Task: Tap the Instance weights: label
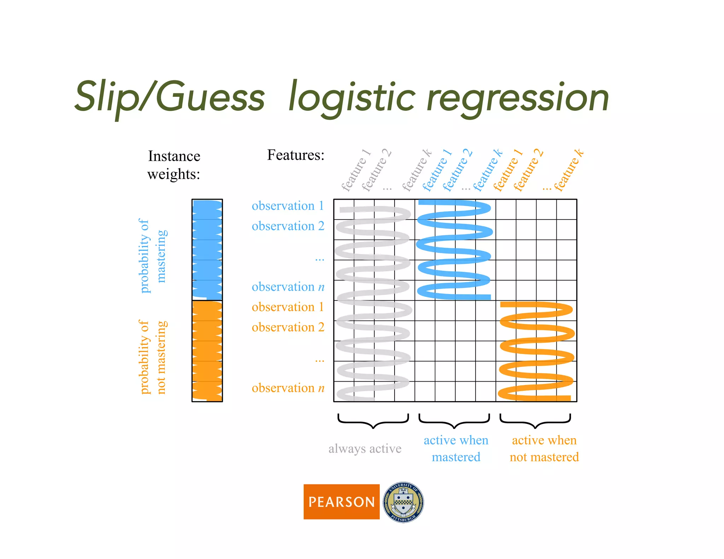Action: pyautogui.click(x=174, y=165)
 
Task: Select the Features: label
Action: pyautogui.click(x=296, y=155)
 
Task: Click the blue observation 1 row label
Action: pyautogui.click(x=288, y=206)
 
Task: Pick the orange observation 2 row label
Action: pyautogui.click(x=288, y=327)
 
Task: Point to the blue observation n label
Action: pyautogui.click(x=288, y=287)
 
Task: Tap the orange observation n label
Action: pyautogui.click(x=288, y=388)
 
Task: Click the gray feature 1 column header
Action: pyautogui.click(x=355, y=171)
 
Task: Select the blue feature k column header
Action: pyautogui.click(x=488, y=171)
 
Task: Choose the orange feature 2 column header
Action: pyautogui.click(x=528, y=171)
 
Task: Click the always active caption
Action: pyautogui.click(x=365, y=448)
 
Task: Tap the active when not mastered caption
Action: pyautogui.click(x=544, y=448)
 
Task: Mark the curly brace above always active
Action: pyautogui.click(x=373, y=420)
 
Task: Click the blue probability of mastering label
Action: pyautogui.click(x=152, y=256)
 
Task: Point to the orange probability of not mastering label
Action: pyautogui.click(x=152, y=357)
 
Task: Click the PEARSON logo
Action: pyautogui.click(x=341, y=502)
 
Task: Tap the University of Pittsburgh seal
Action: pyautogui.click(x=403, y=502)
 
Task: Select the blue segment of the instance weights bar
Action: pyautogui.click(x=207, y=249)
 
